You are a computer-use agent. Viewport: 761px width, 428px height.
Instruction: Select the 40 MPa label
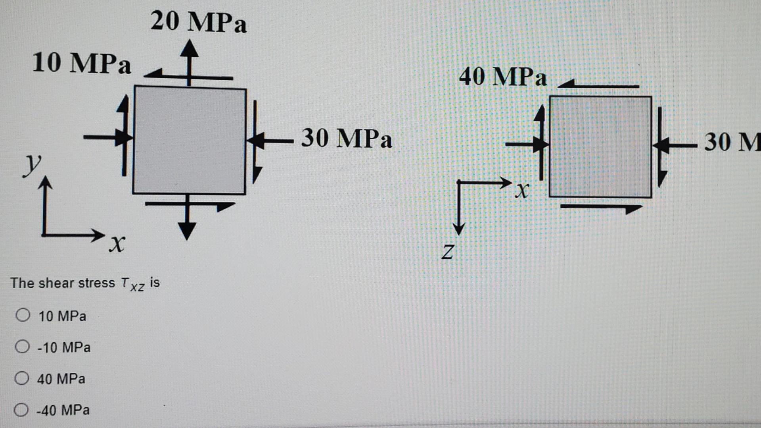click(x=502, y=77)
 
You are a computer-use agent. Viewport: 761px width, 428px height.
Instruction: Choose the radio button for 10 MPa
click(x=23, y=315)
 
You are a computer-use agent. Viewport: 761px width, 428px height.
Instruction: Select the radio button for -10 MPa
click(x=22, y=347)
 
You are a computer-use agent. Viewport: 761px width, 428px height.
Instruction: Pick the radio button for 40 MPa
click(x=22, y=378)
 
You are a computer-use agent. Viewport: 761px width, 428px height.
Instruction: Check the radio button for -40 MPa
click(x=21, y=409)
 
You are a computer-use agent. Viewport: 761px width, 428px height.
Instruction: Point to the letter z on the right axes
click(x=448, y=252)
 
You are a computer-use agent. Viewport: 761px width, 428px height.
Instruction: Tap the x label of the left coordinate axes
click(x=117, y=243)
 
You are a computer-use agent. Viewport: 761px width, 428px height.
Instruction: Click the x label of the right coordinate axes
click(x=522, y=191)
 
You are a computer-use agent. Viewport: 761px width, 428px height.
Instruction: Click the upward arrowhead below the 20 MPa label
click(x=190, y=48)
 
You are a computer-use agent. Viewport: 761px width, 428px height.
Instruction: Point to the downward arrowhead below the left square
click(x=187, y=230)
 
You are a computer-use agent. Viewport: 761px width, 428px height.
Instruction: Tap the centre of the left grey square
click(x=190, y=140)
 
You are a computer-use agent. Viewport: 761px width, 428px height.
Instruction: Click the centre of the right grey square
click(x=600, y=147)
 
